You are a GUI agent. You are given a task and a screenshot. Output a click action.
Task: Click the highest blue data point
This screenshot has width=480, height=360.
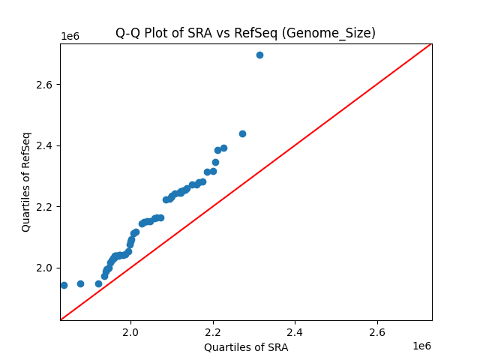click(259, 55)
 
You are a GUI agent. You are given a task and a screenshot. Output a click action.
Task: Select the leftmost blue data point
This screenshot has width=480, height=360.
click(64, 285)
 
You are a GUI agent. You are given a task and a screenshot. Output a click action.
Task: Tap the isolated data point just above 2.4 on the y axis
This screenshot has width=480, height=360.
click(242, 133)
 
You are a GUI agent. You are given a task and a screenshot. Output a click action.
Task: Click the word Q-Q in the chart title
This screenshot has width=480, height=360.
click(128, 33)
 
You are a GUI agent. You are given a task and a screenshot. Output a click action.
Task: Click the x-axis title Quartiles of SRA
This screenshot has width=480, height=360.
click(246, 346)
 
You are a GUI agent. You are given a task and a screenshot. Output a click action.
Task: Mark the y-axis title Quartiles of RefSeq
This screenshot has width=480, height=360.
click(26, 181)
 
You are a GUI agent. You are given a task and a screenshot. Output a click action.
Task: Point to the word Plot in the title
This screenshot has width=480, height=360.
click(157, 33)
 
